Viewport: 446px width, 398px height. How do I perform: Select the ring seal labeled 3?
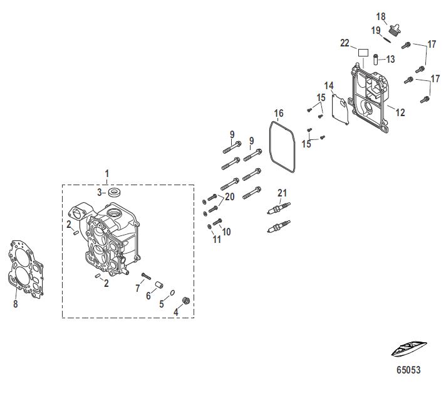point(115,192)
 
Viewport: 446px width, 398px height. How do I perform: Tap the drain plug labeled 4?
point(186,301)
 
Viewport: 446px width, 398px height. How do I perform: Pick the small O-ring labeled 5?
point(172,293)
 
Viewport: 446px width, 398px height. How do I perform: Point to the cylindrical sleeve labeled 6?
point(159,285)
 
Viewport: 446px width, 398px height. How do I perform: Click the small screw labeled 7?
point(146,276)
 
